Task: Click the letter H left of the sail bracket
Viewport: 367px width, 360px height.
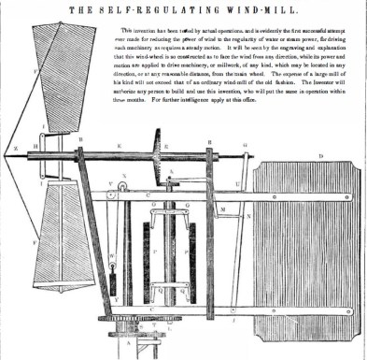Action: click(x=34, y=147)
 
